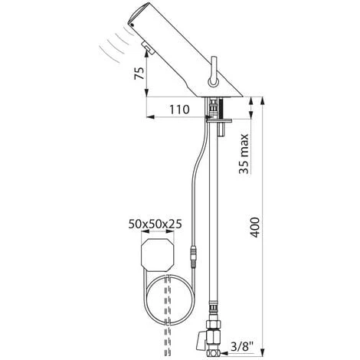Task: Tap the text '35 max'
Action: [243, 155]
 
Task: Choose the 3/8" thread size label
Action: [243, 347]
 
